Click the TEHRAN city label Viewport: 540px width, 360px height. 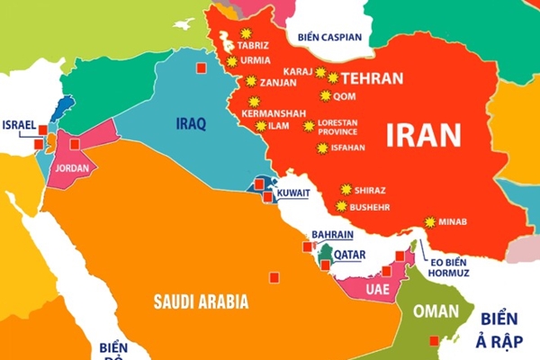tap(372, 78)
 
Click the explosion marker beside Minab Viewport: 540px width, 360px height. tap(430, 221)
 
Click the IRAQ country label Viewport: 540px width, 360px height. tap(191, 122)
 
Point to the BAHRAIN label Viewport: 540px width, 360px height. tap(331, 235)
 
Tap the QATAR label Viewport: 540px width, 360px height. tap(349, 255)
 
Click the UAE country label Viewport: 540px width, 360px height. tap(378, 289)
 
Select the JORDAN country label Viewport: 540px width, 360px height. tap(71, 168)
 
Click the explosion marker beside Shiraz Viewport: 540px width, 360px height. tap(345, 190)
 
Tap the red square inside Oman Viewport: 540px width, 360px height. tap(435, 340)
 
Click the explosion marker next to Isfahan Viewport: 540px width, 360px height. tap(322, 147)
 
